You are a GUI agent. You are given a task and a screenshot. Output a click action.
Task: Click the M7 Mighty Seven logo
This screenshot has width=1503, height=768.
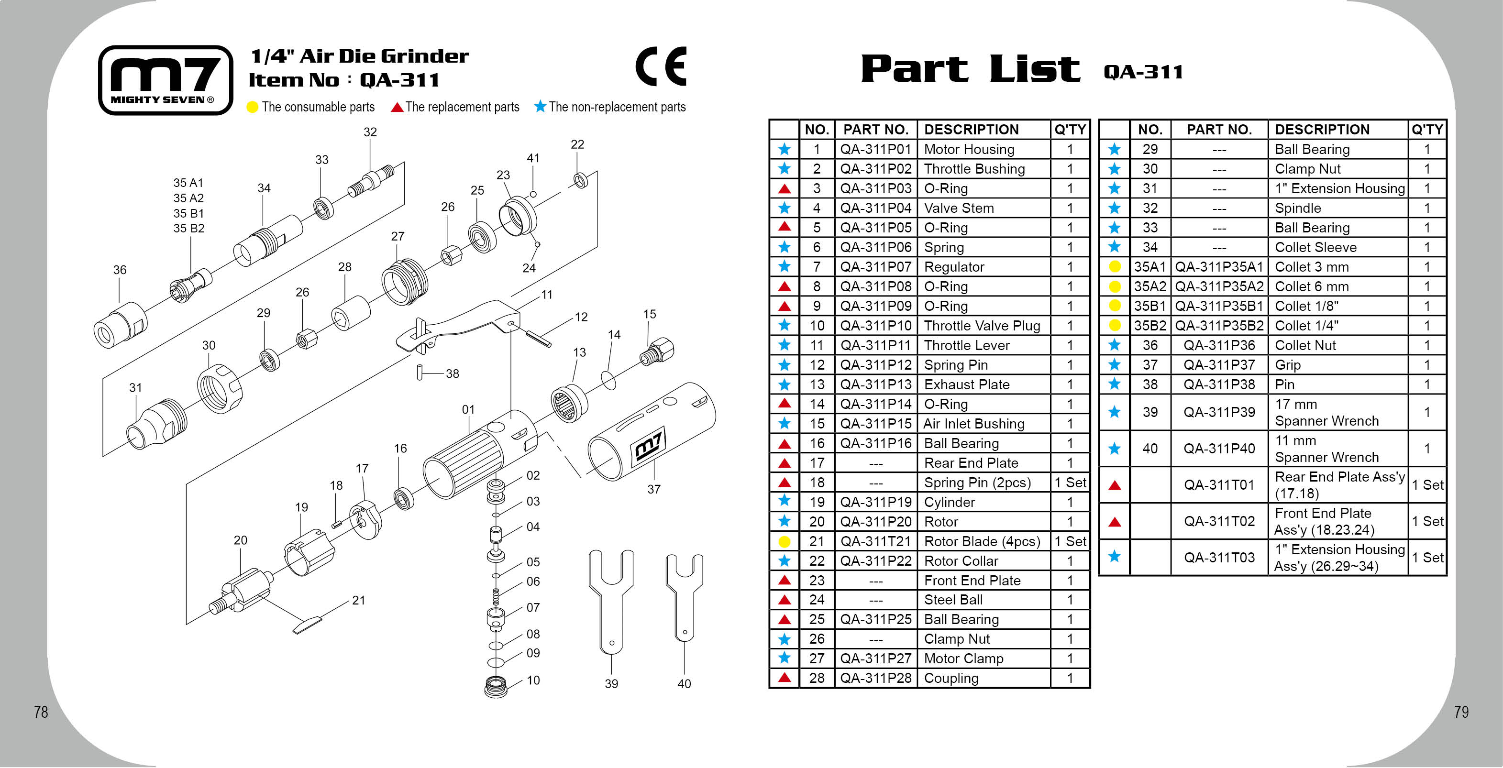tap(166, 80)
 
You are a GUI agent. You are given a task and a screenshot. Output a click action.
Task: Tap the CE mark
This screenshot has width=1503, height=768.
tap(661, 66)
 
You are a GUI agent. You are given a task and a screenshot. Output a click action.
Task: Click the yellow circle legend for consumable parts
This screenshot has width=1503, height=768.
tap(252, 107)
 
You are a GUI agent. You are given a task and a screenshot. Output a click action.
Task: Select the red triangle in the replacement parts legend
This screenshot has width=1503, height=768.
tap(397, 107)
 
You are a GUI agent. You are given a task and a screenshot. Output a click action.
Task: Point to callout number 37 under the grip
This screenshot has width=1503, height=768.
tap(653, 489)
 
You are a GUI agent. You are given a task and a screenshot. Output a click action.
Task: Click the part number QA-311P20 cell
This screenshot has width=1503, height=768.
tap(875, 522)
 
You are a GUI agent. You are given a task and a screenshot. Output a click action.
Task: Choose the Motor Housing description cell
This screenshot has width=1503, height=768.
tap(969, 149)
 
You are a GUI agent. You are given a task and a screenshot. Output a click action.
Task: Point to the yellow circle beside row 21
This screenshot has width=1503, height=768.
tap(784, 542)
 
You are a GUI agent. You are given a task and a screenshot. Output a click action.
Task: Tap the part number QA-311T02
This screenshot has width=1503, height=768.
tap(1219, 521)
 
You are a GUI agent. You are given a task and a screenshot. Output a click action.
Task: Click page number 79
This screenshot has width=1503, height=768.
tap(1461, 712)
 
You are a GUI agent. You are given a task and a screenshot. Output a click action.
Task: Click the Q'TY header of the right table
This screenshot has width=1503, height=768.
tap(1426, 130)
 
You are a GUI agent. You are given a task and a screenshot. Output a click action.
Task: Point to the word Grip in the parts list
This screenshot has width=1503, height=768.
tap(1288, 365)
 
